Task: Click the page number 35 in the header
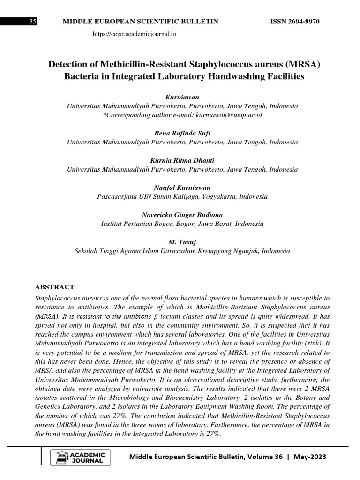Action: pos(33,22)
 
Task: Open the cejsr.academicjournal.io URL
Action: pos(135,34)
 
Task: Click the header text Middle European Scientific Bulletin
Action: pos(141,22)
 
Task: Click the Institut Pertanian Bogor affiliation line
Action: pos(182,224)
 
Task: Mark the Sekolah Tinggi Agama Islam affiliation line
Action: pos(182,251)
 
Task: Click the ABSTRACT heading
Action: pos(55,287)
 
